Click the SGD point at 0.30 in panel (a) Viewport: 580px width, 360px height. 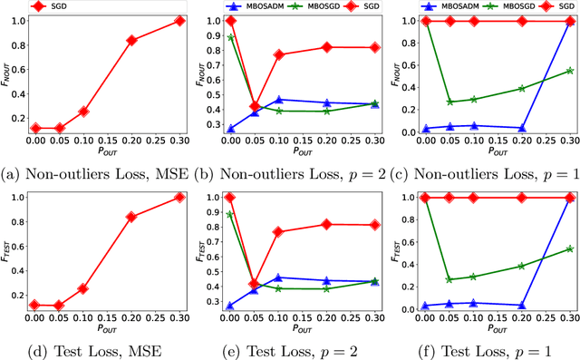(179, 20)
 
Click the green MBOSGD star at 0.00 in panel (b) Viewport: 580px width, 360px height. (230, 37)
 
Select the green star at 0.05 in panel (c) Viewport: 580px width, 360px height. (449, 102)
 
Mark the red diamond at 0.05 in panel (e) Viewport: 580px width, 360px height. (255, 284)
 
